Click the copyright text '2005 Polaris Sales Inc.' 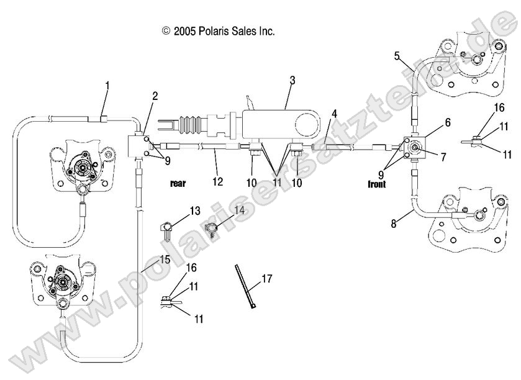click(x=218, y=30)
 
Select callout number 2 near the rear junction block click(x=155, y=96)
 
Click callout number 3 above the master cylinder click(x=292, y=80)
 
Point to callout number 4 click(x=334, y=114)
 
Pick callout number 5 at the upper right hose click(x=397, y=56)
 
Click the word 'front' click(x=376, y=184)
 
